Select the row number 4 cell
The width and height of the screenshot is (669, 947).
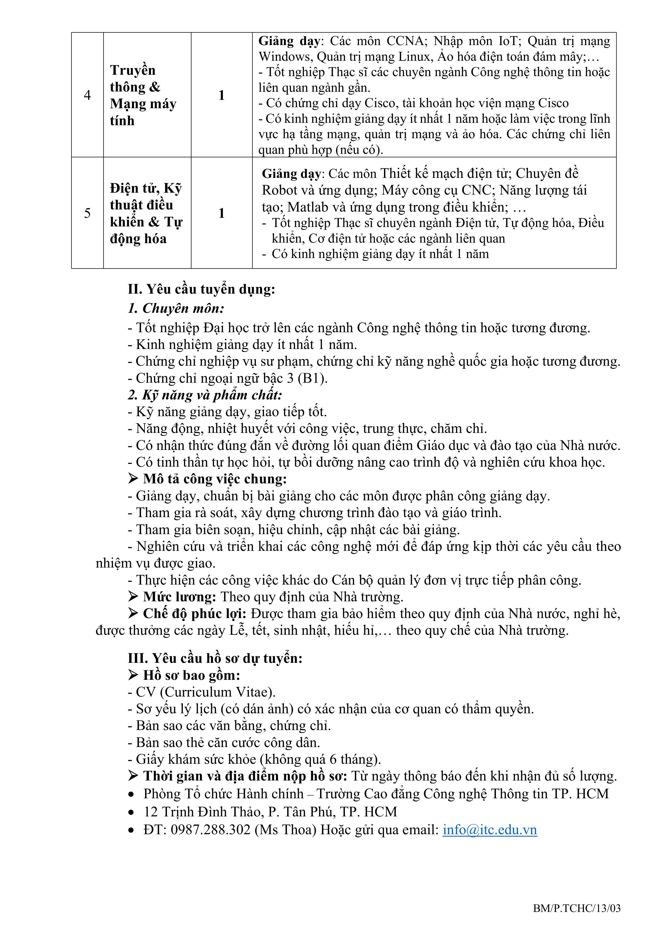[87, 95]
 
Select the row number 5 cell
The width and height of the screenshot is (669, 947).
[87, 213]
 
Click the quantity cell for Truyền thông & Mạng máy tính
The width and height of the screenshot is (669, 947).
[221, 95]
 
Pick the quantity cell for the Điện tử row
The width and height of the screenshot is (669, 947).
[221, 213]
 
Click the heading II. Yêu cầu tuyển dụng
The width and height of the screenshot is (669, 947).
[201, 289]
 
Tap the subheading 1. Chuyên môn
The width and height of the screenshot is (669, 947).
[176, 308]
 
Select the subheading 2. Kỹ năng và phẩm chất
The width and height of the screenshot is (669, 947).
[205, 395]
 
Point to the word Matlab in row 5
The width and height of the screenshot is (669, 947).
[303, 207]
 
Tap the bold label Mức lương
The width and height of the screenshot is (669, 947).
[179, 596]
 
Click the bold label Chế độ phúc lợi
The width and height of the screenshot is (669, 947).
[195, 613]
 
